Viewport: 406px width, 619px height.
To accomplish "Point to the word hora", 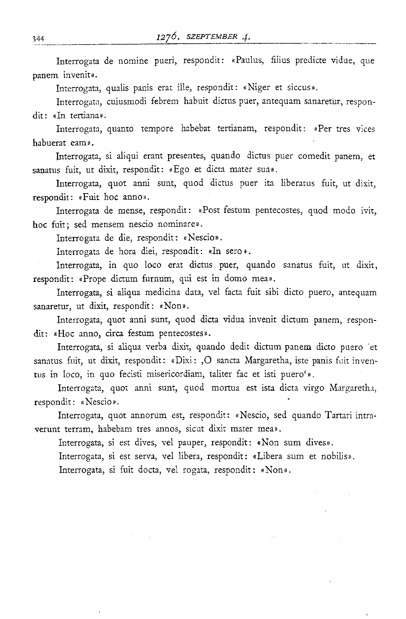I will click(127, 252).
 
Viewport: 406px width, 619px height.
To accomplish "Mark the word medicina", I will click(163, 292).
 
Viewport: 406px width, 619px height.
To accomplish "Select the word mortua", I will click(225, 388).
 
